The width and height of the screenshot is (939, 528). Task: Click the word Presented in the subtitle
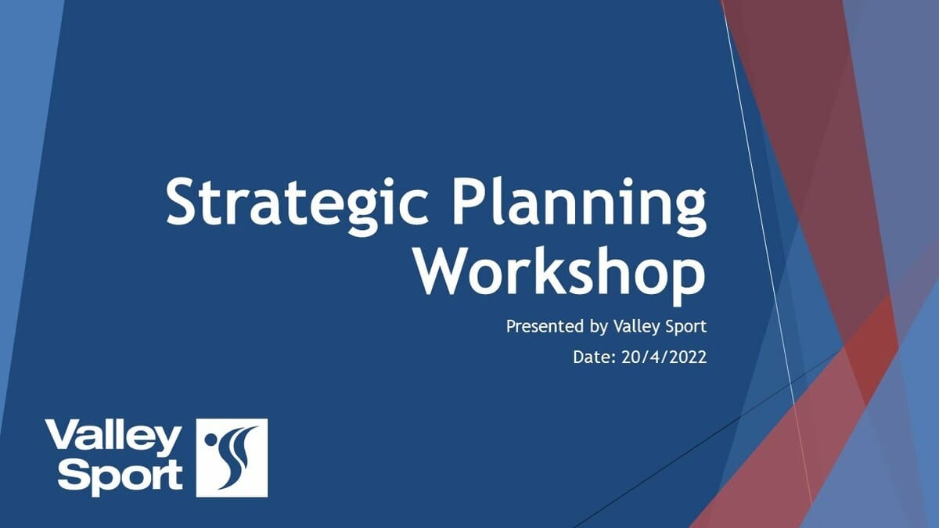click(545, 326)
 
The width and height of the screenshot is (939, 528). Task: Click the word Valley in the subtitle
click(632, 327)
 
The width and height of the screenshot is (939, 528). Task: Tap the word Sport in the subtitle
click(683, 327)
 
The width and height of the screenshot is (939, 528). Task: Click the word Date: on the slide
click(595, 357)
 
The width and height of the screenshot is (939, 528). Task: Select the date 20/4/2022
click(664, 357)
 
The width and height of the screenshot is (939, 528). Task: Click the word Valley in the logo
click(113, 438)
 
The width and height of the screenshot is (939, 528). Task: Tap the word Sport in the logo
click(121, 477)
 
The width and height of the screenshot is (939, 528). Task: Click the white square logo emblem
click(232, 458)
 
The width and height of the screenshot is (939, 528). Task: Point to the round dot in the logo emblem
click(210, 440)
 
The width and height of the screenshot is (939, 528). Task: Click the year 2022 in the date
click(689, 357)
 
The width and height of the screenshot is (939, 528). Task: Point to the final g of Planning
click(689, 213)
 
